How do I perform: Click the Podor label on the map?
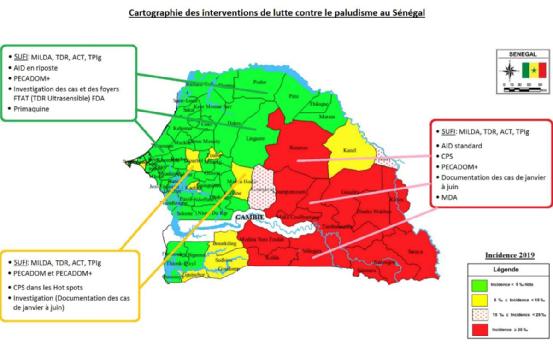tap(260, 82)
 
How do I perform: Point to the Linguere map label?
tap(255, 138)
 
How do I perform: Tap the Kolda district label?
tap(273, 258)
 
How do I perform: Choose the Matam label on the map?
tap(326, 117)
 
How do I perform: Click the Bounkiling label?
tap(225, 243)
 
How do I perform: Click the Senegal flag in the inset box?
tap(534, 70)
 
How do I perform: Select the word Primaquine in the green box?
tap(31, 109)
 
